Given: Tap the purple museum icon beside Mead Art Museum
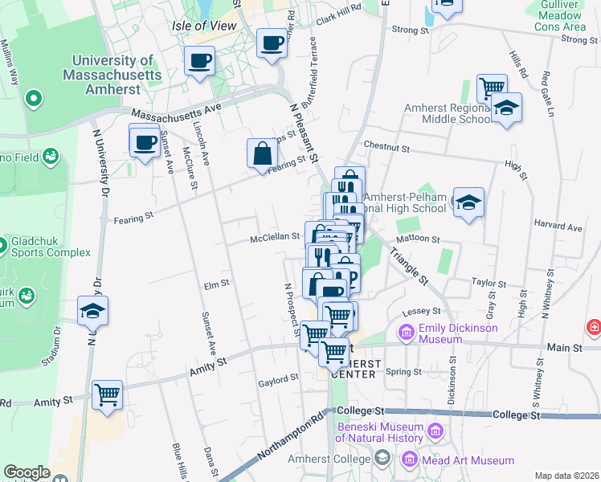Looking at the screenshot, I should [x=409, y=460].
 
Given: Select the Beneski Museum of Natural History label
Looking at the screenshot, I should [x=380, y=432].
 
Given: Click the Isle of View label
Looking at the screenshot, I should [x=204, y=26].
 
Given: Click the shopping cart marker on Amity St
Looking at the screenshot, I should [x=107, y=394].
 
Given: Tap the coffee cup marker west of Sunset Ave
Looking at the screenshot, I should [x=145, y=142].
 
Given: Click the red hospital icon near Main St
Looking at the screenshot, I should [x=594, y=327].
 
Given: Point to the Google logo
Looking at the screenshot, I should [x=27, y=472].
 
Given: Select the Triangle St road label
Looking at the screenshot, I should [x=409, y=264].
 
